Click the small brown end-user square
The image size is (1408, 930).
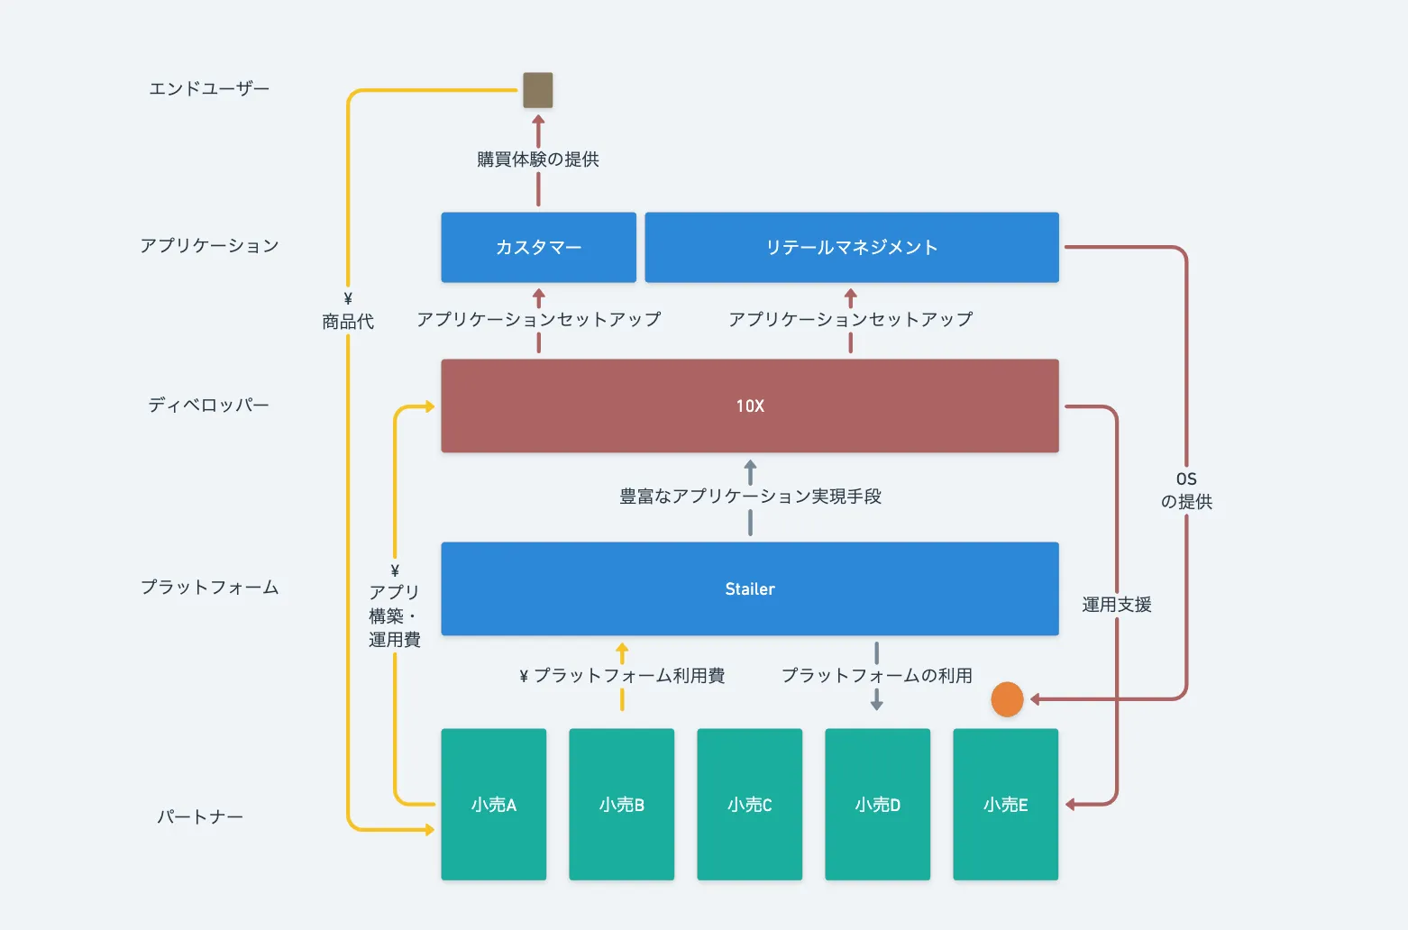(538, 90)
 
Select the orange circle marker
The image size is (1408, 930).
(1007, 699)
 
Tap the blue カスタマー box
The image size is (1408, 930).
(538, 247)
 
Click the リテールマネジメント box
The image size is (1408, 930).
(852, 247)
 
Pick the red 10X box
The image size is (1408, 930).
(749, 406)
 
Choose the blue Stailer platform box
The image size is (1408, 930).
(749, 588)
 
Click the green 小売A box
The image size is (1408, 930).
(493, 804)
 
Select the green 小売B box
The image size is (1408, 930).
(621, 804)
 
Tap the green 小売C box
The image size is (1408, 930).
(749, 804)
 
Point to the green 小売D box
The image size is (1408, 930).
(877, 804)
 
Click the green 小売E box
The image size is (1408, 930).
(1005, 804)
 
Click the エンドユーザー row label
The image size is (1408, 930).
(209, 88)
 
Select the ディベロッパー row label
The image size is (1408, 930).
(209, 406)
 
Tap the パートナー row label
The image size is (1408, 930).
(200, 817)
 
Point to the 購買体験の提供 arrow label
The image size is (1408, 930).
(538, 160)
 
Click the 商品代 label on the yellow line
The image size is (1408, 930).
(348, 322)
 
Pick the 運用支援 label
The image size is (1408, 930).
(1117, 605)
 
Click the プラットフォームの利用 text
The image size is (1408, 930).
(876, 675)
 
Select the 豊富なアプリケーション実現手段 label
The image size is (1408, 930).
(750, 497)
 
